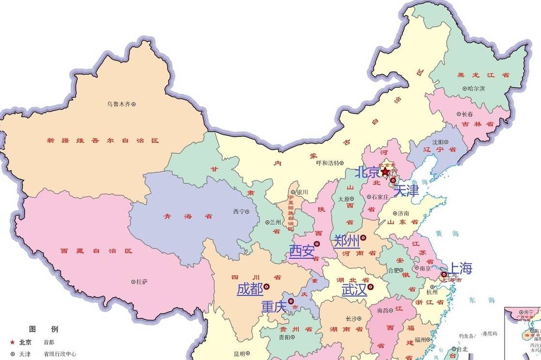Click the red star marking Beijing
pyautogui.click(x=385, y=172)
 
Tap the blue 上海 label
pyautogui.click(x=459, y=268)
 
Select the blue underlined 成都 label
pyautogui.click(x=250, y=290)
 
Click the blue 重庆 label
pyautogui.click(x=274, y=307)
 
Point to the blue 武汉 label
pyautogui.click(x=354, y=290)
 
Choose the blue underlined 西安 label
pyautogui.click(x=302, y=251)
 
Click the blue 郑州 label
pyautogui.click(x=347, y=241)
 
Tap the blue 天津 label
pyautogui.click(x=406, y=191)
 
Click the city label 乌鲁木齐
pyautogui.click(x=119, y=104)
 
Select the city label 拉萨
pyautogui.click(x=141, y=282)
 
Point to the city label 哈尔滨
pyautogui.click(x=476, y=89)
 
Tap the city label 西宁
pyautogui.click(x=239, y=212)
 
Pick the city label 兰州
pyautogui.click(x=276, y=222)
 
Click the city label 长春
pyautogui.click(x=467, y=114)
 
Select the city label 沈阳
pyautogui.click(x=437, y=142)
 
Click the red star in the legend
pyautogui.click(x=12, y=342)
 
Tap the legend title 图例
pyautogui.click(x=44, y=329)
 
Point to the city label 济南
pyautogui.click(x=403, y=213)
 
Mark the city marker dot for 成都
pyautogui.click(x=266, y=287)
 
